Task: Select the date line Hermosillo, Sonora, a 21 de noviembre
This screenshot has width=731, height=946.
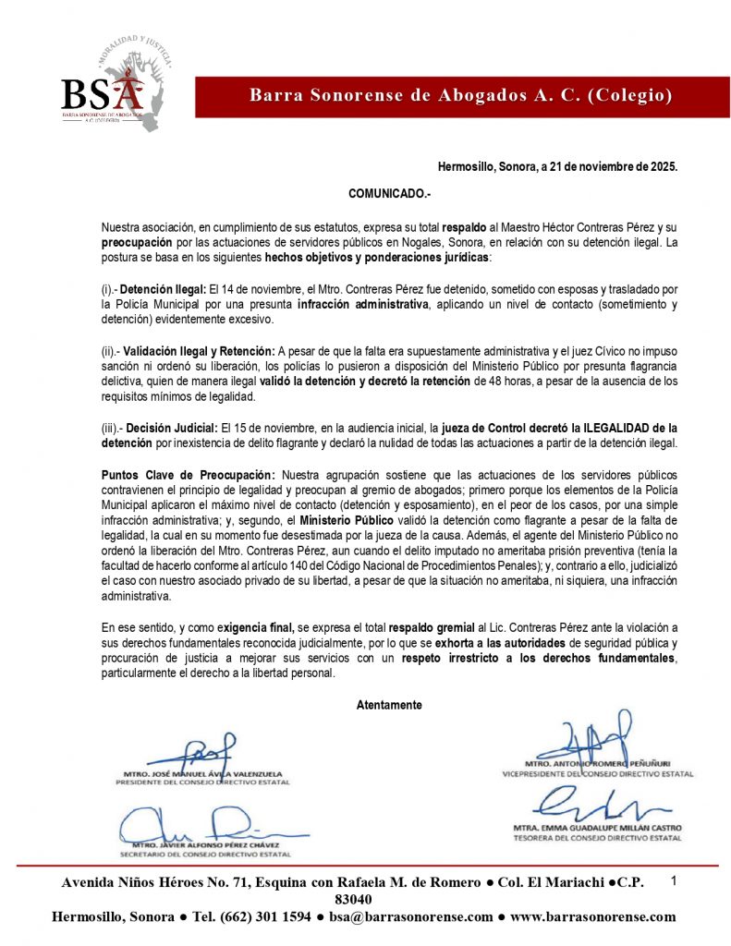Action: [x=557, y=167]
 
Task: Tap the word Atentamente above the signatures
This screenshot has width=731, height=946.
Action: [x=389, y=705]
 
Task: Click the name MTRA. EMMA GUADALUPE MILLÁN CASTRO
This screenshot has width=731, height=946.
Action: [x=597, y=828]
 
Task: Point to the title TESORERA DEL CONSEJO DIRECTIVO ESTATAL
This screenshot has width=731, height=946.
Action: [x=597, y=838]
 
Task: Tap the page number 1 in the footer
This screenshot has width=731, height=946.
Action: [x=675, y=880]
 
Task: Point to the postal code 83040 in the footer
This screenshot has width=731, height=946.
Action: [x=354, y=900]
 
